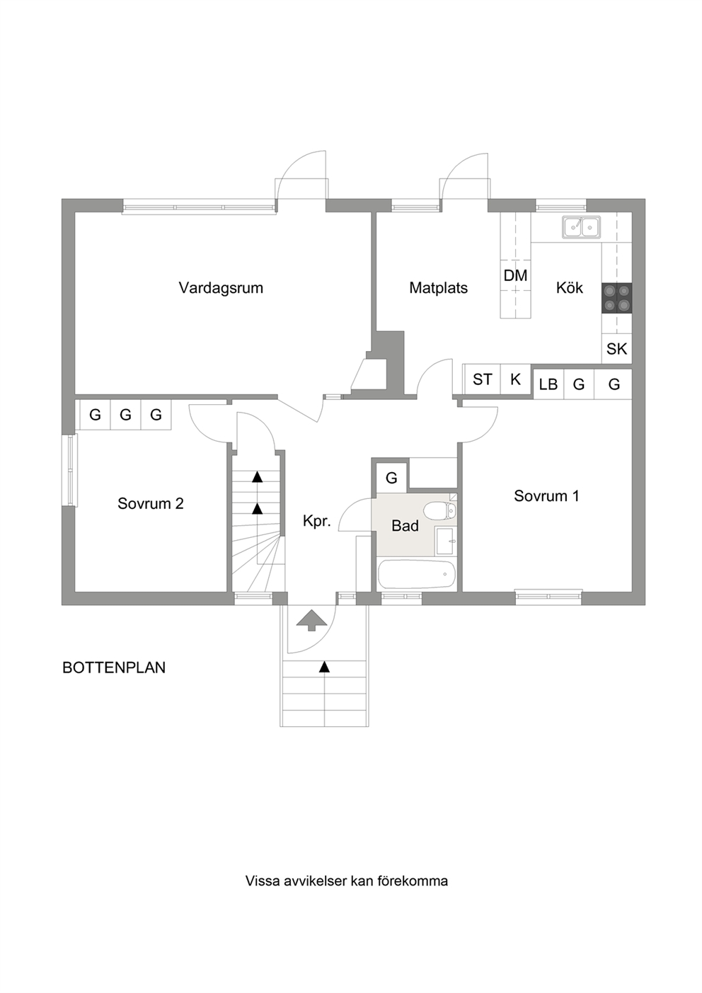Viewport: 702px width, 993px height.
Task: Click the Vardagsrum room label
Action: tap(221, 289)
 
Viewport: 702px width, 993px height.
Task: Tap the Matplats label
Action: tap(438, 288)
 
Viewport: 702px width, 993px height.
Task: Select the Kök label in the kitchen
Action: tap(570, 287)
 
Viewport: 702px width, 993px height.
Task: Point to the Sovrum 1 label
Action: tap(546, 495)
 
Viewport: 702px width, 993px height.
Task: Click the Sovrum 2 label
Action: tap(150, 504)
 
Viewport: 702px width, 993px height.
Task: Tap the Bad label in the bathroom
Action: tap(405, 526)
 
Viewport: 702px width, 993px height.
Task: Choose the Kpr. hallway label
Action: tap(317, 522)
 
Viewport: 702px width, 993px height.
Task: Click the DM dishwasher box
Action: tap(515, 275)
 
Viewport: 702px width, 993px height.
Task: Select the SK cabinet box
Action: tap(616, 349)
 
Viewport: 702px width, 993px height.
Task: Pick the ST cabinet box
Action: tap(482, 379)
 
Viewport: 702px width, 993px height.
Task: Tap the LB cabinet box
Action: tap(548, 384)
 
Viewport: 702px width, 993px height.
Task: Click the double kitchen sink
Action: tap(582, 227)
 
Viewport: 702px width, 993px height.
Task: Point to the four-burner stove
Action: tap(616, 299)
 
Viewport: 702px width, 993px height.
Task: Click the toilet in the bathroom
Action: tap(440, 511)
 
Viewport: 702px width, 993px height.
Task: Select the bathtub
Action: tap(417, 575)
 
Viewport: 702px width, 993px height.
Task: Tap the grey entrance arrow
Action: tap(311, 620)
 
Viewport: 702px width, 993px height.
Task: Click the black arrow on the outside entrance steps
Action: tap(325, 666)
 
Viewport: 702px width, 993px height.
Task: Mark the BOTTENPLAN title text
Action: tap(114, 667)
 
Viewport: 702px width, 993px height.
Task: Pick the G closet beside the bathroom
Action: tap(391, 478)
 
